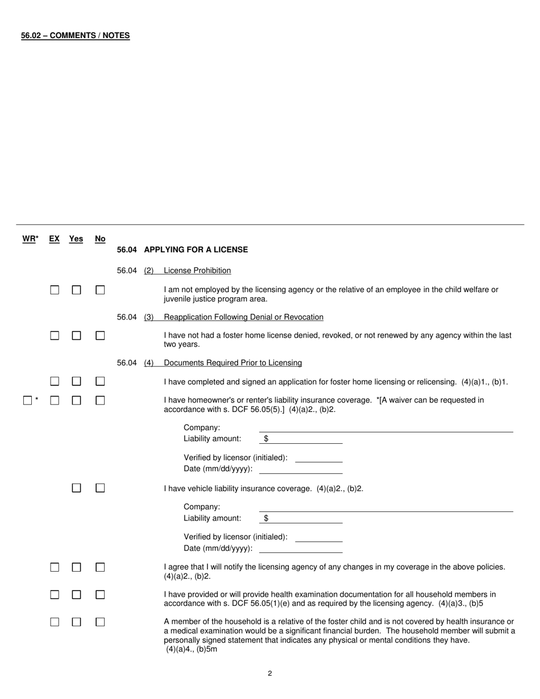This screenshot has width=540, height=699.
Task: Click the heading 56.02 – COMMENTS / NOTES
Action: [x=75, y=35]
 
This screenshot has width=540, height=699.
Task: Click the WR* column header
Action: [x=30, y=239]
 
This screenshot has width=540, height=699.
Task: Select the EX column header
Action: [x=54, y=239]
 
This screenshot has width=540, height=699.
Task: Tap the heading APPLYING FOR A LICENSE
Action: [x=196, y=249]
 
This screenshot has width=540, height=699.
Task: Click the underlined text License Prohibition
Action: [x=197, y=271]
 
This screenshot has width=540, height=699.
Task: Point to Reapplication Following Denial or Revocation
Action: [x=243, y=317]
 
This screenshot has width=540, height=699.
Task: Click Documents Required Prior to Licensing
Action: [x=232, y=363]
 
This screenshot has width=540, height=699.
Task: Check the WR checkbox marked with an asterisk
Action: [x=27, y=401]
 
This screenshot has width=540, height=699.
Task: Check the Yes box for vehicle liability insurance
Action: [x=76, y=488]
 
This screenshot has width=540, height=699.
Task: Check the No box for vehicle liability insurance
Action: [x=100, y=488]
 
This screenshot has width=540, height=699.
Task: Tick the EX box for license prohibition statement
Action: [x=55, y=290]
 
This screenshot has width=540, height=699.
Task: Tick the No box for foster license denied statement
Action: [x=100, y=336]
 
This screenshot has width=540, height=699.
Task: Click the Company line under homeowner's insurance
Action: [x=385, y=427]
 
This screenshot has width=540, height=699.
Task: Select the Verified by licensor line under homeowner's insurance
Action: [x=319, y=457]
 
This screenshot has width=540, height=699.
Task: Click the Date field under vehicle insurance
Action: [x=301, y=548]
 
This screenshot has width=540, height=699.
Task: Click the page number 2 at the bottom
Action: [x=270, y=673]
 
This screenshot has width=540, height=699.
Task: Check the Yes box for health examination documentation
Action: [x=76, y=595]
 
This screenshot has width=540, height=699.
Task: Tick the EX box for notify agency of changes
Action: [x=55, y=568]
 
